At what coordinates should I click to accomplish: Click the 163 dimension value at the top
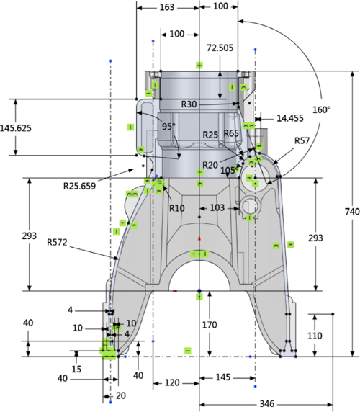pos(167,7)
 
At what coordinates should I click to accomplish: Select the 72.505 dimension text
pos(220,48)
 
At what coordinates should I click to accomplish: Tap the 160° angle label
pos(321,109)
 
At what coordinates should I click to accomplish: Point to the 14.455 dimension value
pos(290,118)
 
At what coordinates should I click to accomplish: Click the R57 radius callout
pos(302,140)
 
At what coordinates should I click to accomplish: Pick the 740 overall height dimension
pos(352,212)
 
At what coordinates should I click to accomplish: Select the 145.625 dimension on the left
pos(16,128)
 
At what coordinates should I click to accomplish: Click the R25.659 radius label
pos(80,186)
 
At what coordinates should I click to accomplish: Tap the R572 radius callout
pos(57,242)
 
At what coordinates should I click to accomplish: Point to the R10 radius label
pos(176,208)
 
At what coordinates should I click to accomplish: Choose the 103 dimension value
pos(217,208)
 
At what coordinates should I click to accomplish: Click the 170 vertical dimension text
pos(210,325)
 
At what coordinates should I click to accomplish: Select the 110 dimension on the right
pos(315,336)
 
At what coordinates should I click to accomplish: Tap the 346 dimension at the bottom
pos(267,403)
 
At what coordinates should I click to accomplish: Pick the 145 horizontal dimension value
pos(223,377)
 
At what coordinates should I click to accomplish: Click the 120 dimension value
pos(172,382)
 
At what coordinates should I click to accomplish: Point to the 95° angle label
pos(168,126)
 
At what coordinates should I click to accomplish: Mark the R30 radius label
pos(189,104)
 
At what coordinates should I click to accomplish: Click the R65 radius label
pos(231,133)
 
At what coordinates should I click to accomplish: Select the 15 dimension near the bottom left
pos(76,370)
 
